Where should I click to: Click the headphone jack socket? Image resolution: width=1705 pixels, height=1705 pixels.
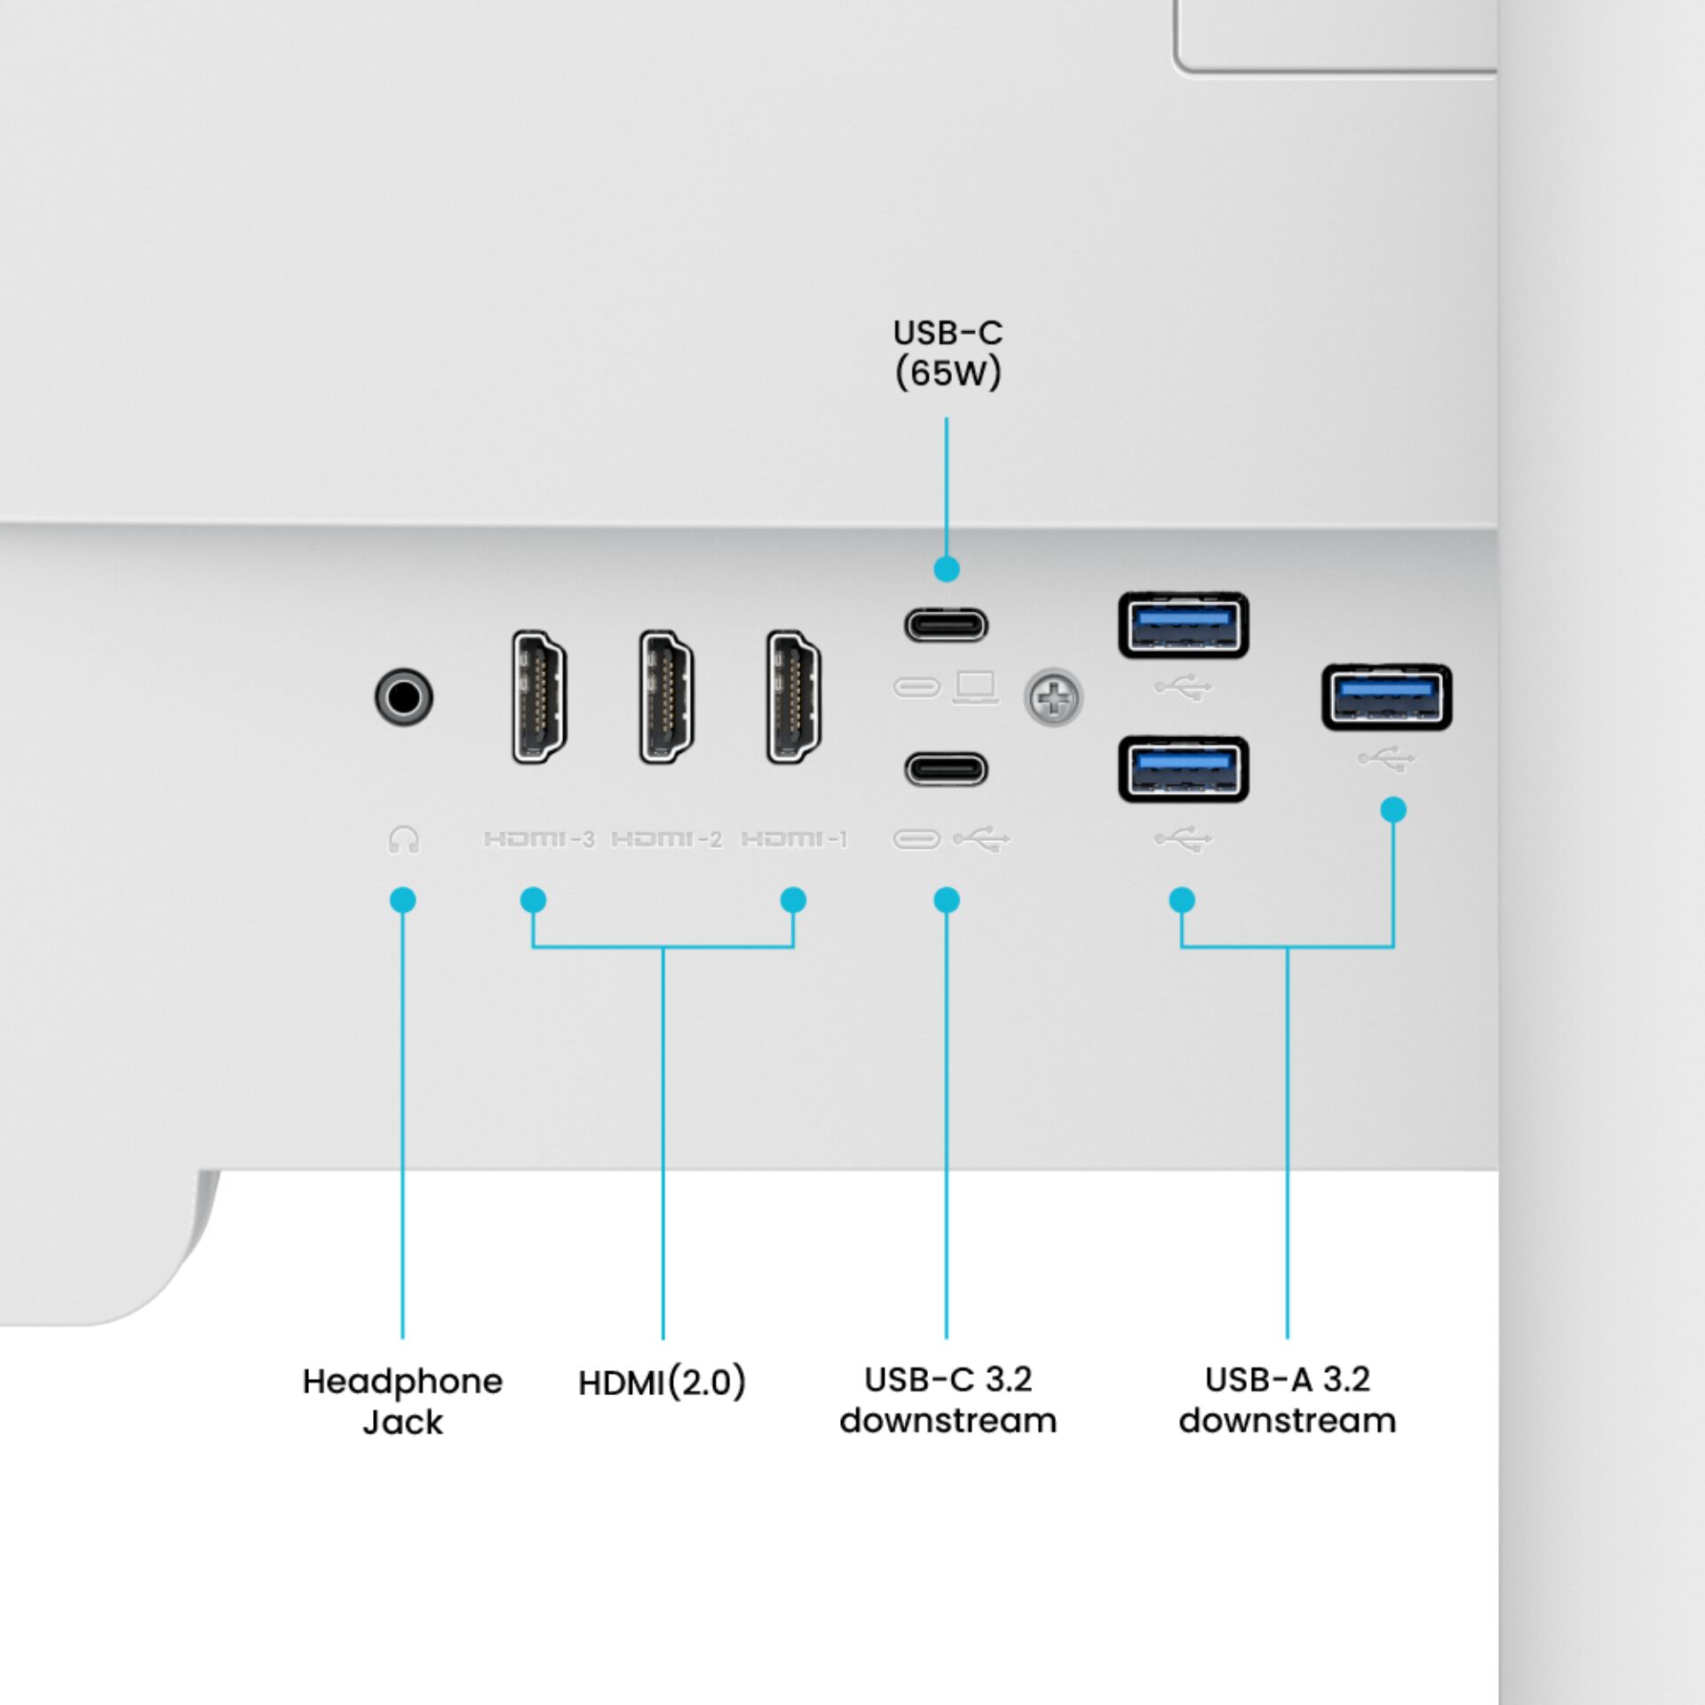point(404,696)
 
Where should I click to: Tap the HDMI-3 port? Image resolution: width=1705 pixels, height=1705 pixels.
point(539,696)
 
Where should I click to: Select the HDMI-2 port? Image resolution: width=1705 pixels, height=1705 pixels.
point(666,696)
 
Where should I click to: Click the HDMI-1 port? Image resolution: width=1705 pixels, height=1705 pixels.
point(793,696)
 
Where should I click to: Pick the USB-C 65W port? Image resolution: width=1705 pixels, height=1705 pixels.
point(946,625)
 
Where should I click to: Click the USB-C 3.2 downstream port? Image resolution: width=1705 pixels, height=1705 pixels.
point(946,769)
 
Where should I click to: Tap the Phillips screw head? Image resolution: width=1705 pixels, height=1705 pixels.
point(1053,697)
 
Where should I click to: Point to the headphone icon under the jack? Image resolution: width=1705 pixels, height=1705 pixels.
point(404,839)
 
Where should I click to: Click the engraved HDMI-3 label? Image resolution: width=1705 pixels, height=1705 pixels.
point(539,838)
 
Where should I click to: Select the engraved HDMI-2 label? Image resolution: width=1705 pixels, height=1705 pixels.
point(667,838)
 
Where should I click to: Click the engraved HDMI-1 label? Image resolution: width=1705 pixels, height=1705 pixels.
point(794,838)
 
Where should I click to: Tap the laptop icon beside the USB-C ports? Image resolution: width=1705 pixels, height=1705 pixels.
point(975,687)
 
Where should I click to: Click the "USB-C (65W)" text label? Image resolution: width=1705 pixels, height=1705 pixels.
point(948,353)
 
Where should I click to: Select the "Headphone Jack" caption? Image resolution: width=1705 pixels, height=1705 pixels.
point(402,1401)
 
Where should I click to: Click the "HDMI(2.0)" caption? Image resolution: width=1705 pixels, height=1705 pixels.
point(662,1383)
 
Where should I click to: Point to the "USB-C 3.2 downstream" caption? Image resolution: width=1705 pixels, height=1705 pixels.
point(948,1400)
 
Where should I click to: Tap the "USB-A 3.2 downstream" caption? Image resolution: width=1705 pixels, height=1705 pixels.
point(1288,1400)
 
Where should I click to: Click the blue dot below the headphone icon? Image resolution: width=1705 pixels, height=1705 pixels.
point(402,900)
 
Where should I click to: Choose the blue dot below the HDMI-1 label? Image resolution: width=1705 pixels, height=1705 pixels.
point(793,900)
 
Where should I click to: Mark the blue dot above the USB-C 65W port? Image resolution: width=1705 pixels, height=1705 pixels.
point(947,568)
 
